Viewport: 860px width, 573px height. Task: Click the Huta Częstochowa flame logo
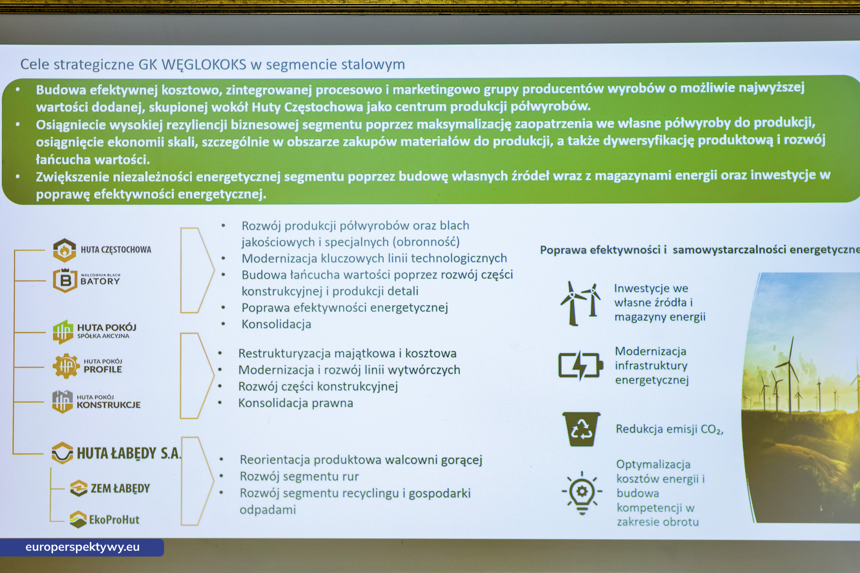(x=64, y=250)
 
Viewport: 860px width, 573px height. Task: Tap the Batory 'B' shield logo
(x=65, y=280)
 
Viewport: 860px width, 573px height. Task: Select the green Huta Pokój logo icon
(x=63, y=332)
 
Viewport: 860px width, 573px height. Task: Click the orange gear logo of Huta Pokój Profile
(x=66, y=366)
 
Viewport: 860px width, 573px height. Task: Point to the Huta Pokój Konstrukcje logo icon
(x=63, y=402)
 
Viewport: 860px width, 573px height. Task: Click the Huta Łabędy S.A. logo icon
(x=62, y=453)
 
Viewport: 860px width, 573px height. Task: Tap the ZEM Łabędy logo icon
(x=79, y=488)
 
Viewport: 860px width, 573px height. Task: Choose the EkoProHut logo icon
(x=78, y=519)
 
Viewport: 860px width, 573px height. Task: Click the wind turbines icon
(x=581, y=304)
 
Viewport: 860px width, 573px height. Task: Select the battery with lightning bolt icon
(x=580, y=365)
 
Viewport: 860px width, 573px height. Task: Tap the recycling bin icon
(x=581, y=429)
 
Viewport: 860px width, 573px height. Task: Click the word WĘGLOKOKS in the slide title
(x=204, y=65)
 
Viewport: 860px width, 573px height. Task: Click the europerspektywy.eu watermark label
(x=82, y=547)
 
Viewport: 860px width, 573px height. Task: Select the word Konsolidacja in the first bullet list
(x=276, y=324)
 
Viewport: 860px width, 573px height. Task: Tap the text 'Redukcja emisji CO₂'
(x=669, y=429)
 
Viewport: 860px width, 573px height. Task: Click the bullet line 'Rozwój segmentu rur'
(x=299, y=476)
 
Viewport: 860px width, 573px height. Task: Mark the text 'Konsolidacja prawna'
(x=296, y=403)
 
